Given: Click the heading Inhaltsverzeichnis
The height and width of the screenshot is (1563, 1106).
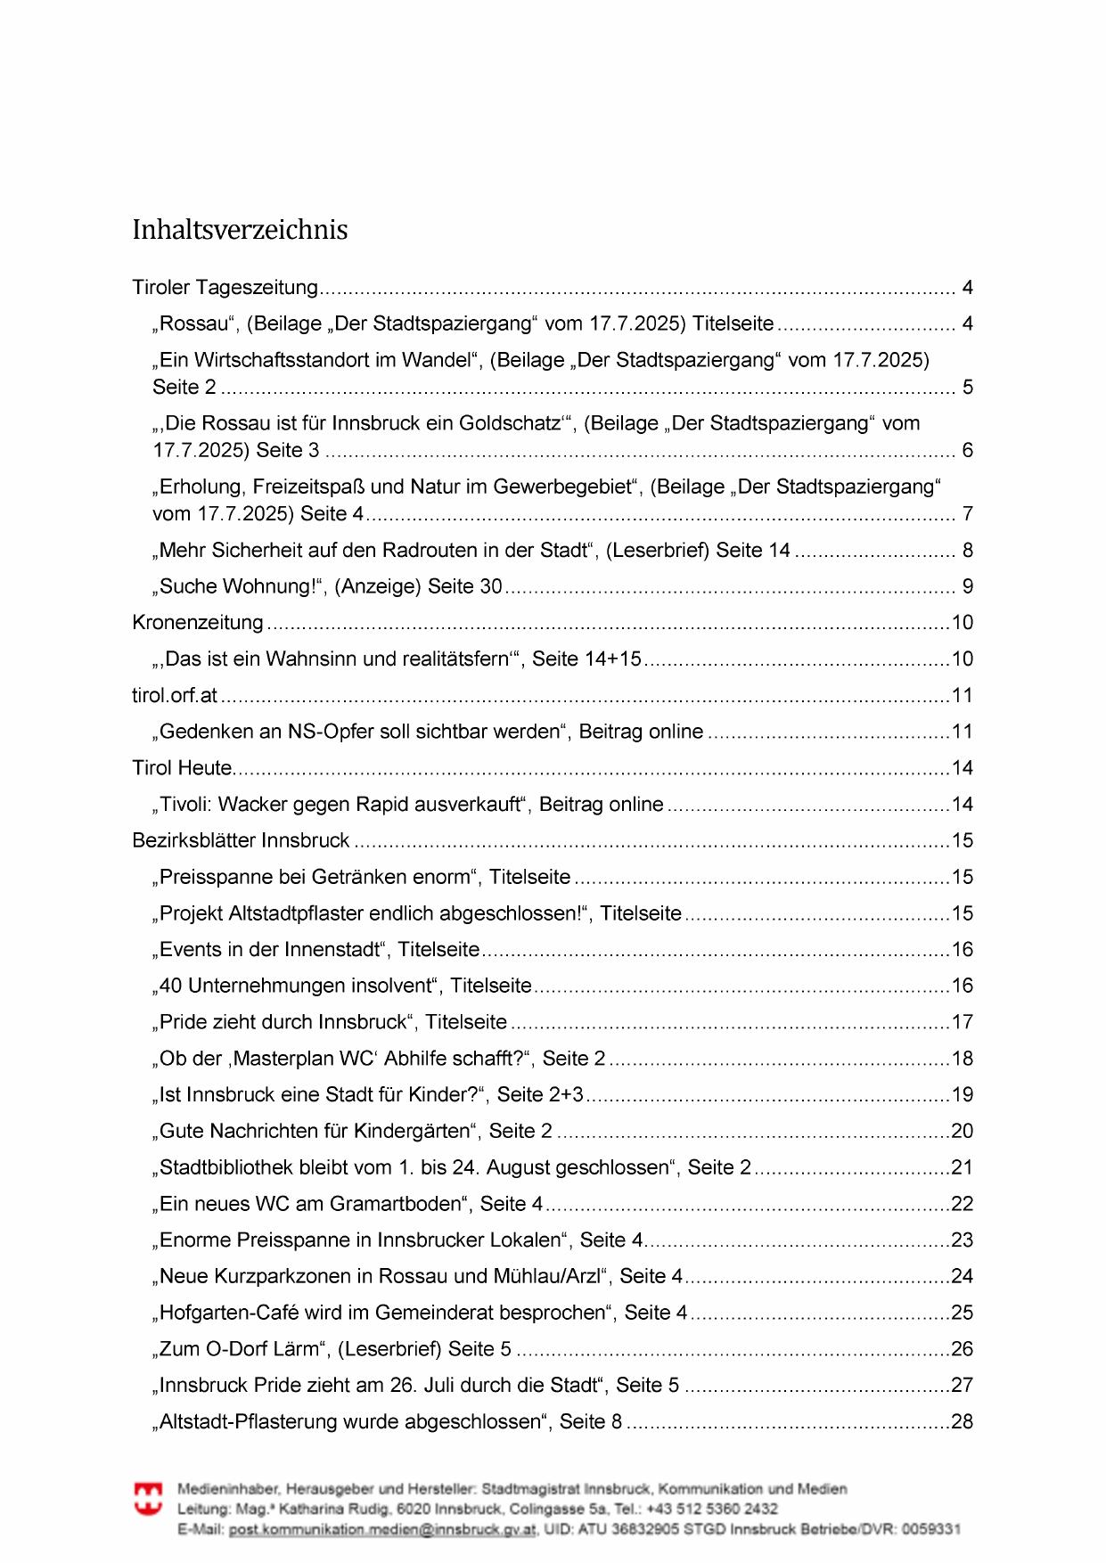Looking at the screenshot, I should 240,230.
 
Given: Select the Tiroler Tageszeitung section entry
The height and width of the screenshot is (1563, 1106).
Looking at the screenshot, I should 225,288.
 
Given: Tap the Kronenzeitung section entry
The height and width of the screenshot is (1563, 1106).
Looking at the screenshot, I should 198,623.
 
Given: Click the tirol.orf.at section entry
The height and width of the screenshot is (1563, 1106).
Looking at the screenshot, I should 175,696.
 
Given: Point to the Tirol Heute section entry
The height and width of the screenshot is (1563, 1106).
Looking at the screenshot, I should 183,768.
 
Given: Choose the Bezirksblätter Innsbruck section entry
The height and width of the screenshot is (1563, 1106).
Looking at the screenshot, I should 241,841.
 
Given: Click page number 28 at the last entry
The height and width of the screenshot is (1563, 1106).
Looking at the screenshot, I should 963,1422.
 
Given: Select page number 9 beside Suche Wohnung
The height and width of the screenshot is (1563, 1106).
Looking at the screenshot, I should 967,587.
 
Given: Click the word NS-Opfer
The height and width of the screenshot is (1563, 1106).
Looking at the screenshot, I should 331,732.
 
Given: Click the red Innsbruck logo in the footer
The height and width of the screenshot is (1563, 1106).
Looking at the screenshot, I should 148,1499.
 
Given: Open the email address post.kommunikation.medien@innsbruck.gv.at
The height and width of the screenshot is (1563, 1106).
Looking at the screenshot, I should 382,1529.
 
